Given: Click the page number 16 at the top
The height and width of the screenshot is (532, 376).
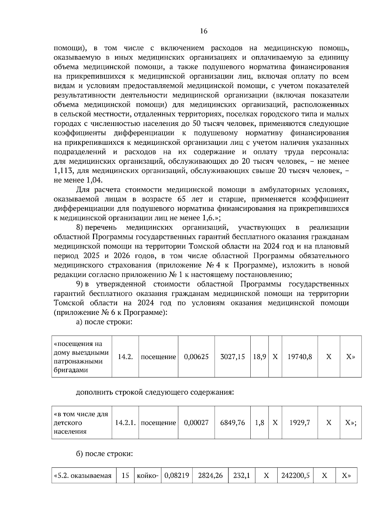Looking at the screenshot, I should point(203,31).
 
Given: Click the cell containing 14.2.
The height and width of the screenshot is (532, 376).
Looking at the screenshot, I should point(125,357).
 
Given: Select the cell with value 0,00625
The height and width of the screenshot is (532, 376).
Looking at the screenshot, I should point(196,357).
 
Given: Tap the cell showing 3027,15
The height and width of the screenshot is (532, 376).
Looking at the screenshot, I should point(232,357).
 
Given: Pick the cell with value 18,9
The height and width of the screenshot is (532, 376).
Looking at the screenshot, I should point(259,357).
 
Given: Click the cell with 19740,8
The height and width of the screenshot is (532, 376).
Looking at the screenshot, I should point(300,357).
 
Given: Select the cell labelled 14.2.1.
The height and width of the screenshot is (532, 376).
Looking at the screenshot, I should point(125,423).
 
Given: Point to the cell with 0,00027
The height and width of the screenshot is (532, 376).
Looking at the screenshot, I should point(196,423).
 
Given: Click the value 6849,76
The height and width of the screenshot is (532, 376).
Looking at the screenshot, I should point(232,423).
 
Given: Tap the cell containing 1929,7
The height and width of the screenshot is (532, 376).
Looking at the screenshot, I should point(300,423).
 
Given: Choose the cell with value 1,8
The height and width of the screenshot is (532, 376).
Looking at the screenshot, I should point(259,423).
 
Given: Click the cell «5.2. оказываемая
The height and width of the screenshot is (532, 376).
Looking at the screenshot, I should point(83,476).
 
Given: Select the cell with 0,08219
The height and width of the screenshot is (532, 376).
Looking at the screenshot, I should point(176,476).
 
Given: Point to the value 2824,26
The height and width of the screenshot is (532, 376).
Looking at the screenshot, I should point(210,476).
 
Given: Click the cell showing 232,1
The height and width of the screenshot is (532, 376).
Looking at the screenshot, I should point(242,476).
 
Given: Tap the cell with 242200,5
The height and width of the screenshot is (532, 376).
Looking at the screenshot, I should point(295,476).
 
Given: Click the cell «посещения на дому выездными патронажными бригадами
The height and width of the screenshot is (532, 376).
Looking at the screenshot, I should point(81,357).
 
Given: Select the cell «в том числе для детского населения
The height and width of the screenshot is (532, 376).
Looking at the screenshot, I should point(81,423).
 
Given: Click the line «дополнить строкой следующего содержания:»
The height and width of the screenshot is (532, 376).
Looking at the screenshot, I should point(155,392).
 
